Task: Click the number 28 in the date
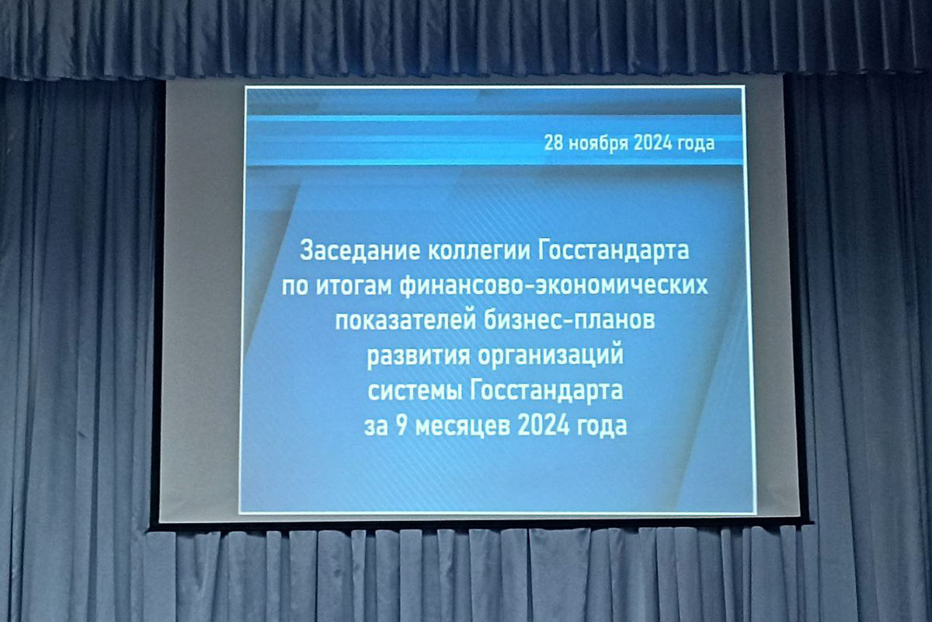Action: (553, 143)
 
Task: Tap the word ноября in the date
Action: (598, 145)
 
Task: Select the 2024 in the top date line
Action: (652, 143)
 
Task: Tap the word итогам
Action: (353, 286)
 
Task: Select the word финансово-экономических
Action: (554, 287)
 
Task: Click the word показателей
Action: (405, 321)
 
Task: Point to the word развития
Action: (418, 357)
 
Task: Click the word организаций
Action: (551, 355)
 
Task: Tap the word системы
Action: (415, 392)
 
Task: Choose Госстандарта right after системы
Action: (547, 391)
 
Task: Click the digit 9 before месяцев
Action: (402, 426)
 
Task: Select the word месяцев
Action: (462, 427)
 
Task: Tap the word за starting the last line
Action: (376, 427)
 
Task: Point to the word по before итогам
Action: (295, 287)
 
